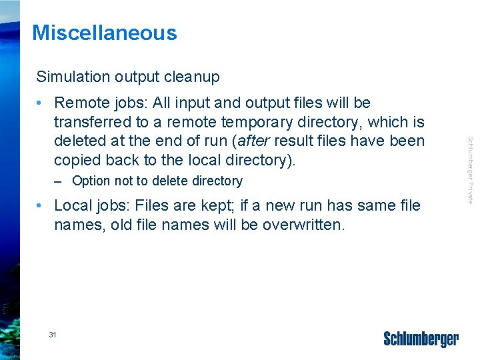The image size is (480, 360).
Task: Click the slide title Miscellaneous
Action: pos(105,33)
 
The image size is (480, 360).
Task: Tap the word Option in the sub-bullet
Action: pos(92,181)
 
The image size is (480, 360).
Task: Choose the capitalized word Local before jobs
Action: pos(73,205)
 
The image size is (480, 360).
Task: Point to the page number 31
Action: pos(53,334)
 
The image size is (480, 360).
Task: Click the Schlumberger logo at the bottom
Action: pos(421,339)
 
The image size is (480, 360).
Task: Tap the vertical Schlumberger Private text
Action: pos(470,170)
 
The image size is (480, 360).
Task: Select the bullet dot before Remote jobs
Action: pos(41,103)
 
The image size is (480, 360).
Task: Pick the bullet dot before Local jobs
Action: pos(41,206)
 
